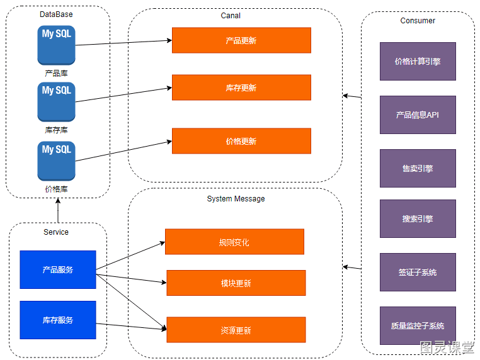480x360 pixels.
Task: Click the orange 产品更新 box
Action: [x=241, y=40]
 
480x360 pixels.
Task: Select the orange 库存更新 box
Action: [x=241, y=87]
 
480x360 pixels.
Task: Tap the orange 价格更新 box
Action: [x=241, y=141]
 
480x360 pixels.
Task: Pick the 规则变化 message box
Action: [x=234, y=242]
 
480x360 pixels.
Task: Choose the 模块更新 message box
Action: [x=236, y=283]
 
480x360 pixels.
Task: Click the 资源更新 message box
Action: [x=236, y=330]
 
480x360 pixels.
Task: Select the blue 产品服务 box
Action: [x=58, y=269]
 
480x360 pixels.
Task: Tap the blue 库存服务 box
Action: [x=58, y=320]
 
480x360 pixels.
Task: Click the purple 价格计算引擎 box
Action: [x=418, y=62]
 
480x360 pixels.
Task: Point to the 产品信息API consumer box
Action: [x=418, y=115]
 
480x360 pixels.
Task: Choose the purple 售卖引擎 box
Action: [x=418, y=168]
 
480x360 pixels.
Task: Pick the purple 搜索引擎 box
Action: [x=418, y=218]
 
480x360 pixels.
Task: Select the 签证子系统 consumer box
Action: [x=418, y=273]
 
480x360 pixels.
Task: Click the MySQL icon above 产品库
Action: [x=56, y=45]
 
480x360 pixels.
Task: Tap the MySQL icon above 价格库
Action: [x=56, y=161]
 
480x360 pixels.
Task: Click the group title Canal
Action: [x=231, y=16]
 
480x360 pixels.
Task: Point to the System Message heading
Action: [x=236, y=199]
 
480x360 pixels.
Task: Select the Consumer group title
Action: [x=418, y=21]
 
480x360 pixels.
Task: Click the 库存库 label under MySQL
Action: [x=56, y=130]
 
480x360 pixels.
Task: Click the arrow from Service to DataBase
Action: [x=58, y=210]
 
